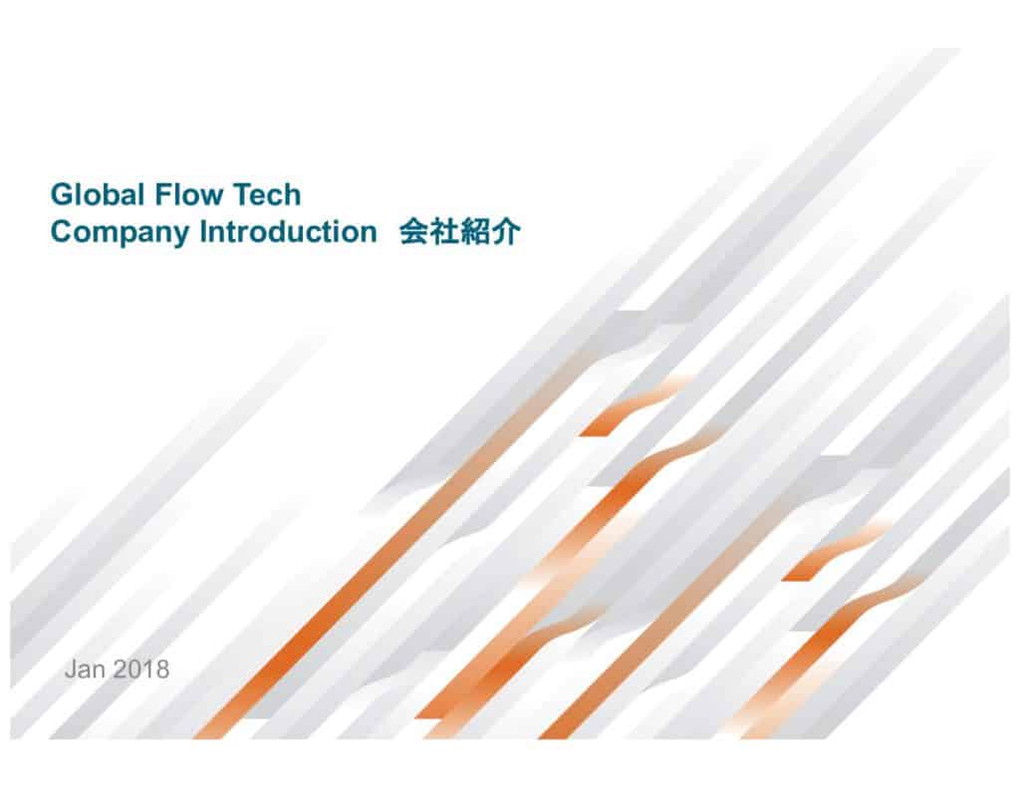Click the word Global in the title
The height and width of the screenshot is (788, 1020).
click(x=97, y=194)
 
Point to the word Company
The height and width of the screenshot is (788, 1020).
click(x=120, y=233)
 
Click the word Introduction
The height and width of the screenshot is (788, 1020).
click(x=288, y=231)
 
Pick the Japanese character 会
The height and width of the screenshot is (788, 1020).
click(x=413, y=231)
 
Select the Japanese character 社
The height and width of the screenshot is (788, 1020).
click(x=444, y=231)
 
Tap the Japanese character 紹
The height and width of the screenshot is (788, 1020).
click(x=475, y=231)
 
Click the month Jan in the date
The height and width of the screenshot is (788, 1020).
click(x=85, y=668)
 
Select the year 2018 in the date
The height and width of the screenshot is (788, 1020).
click(x=140, y=668)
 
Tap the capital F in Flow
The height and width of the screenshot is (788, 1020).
click(x=163, y=194)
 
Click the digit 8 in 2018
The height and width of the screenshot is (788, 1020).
click(x=162, y=668)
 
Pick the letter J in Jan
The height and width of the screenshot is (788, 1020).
click(x=71, y=668)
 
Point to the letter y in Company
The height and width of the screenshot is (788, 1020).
click(x=180, y=235)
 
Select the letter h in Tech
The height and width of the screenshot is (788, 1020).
click(x=294, y=194)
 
